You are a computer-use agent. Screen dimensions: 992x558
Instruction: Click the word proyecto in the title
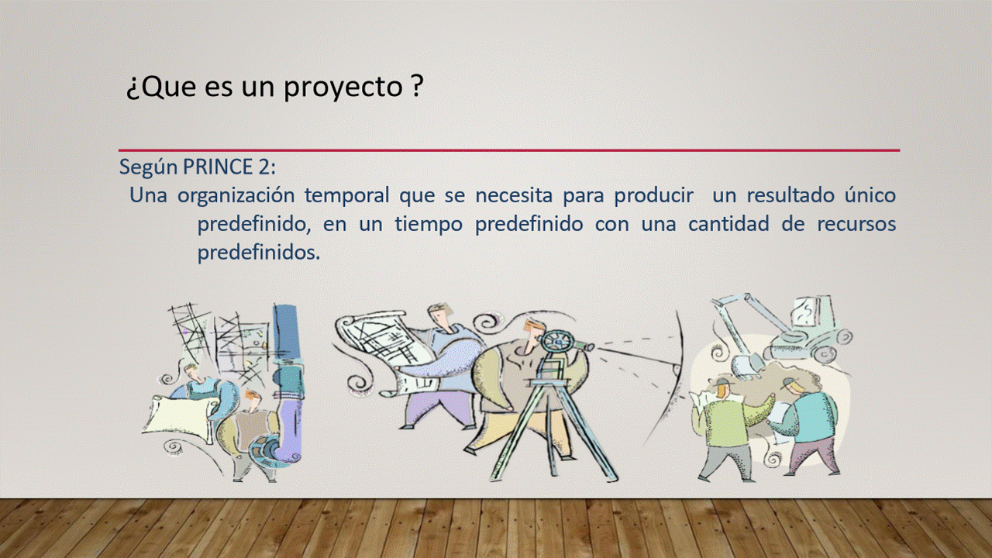coord(343,88)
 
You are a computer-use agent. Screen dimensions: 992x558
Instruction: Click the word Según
coord(148,168)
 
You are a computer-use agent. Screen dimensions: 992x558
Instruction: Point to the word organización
coord(236,196)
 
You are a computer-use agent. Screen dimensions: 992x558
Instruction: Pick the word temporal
coord(346,196)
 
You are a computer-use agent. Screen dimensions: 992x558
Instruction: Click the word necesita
coord(514,196)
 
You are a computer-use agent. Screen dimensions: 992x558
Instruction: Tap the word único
coord(870,195)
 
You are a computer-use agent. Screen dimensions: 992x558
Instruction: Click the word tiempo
coord(429,225)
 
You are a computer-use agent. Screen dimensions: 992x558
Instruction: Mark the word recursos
coord(856,225)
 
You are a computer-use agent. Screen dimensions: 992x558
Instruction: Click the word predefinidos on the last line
coord(258,253)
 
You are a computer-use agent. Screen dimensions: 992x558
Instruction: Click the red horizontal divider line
coord(509,150)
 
